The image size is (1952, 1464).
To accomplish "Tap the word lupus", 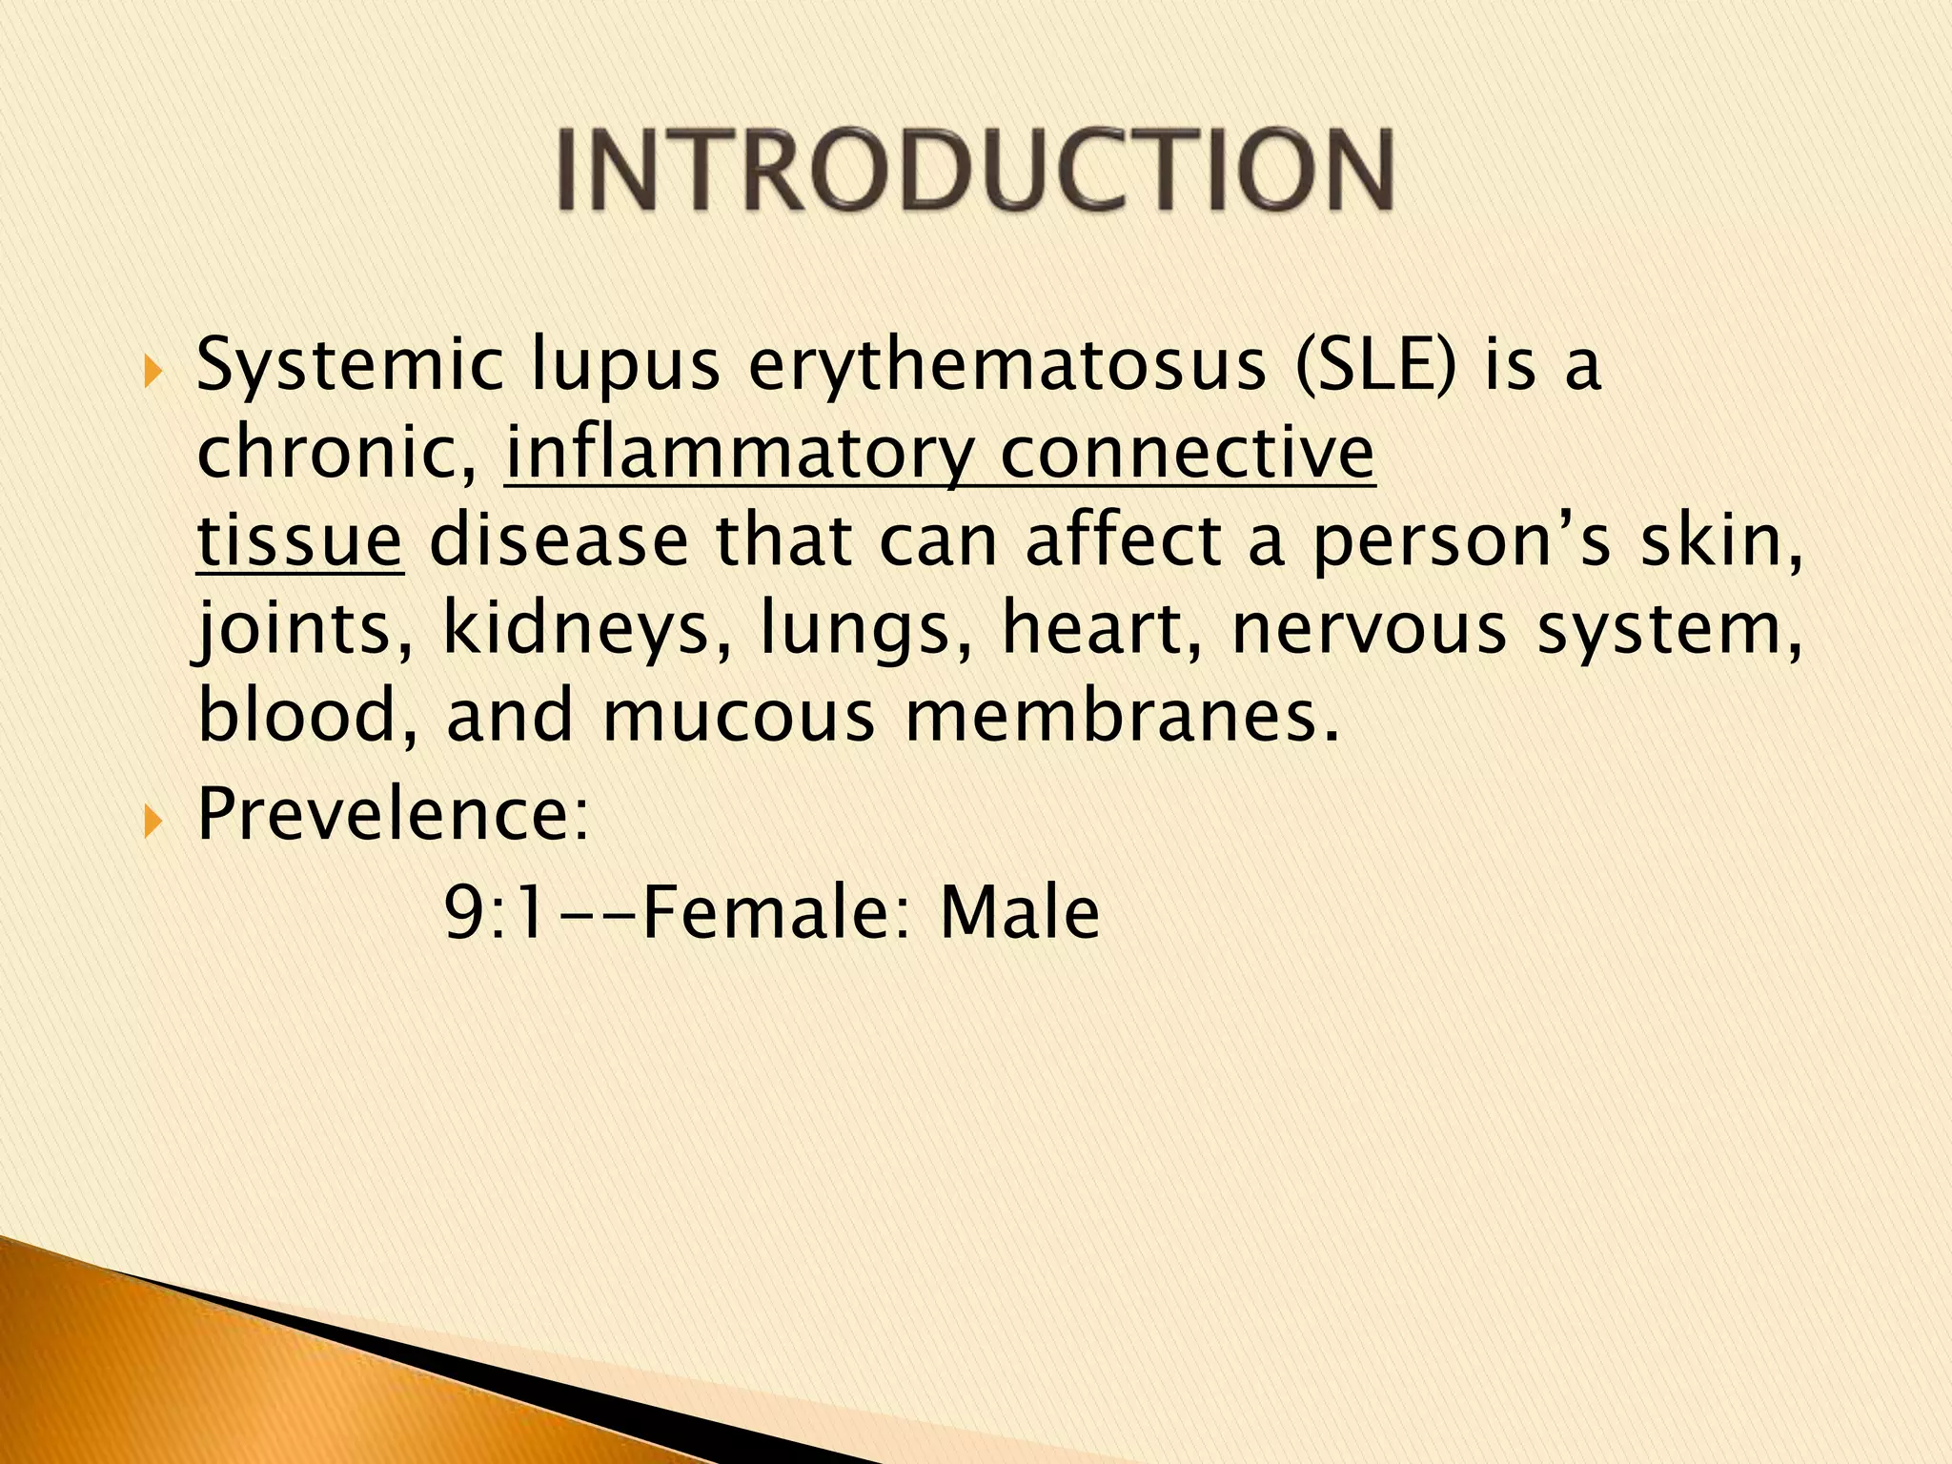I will (625, 367).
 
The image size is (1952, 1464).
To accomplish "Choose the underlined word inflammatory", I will (740, 454).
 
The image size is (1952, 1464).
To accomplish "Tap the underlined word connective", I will (1188, 452).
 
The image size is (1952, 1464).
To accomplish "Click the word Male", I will (1019, 912).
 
